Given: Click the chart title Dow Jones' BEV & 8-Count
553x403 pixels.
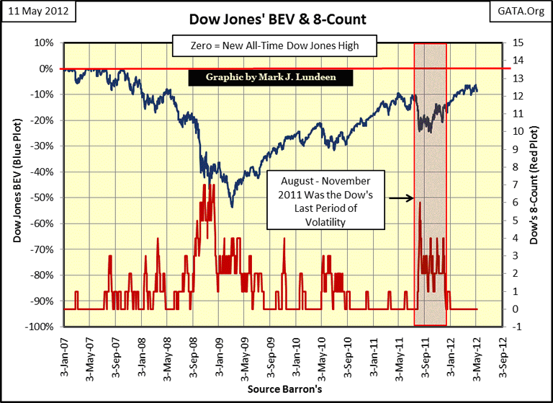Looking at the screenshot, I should click(x=276, y=19).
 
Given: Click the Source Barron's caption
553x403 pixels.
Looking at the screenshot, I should click(x=276, y=389).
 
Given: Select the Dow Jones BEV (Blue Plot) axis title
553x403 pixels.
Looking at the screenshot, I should click(x=17, y=185).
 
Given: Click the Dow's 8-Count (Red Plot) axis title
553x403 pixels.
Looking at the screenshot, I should click(x=534, y=185).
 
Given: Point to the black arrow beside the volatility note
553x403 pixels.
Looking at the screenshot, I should click(x=400, y=196).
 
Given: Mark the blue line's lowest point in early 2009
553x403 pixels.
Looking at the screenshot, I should click(x=231, y=207).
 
